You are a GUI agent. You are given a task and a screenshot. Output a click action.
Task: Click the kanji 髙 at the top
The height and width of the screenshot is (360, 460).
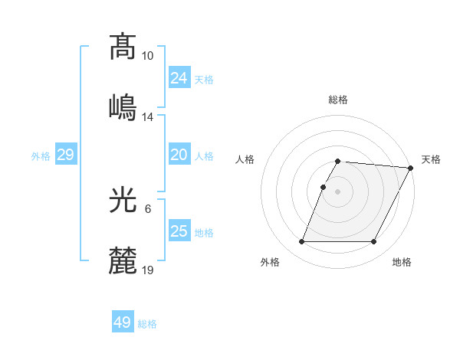[x=123, y=47]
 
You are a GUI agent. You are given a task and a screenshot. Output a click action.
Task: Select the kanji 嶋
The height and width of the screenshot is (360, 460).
[x=123, y=106]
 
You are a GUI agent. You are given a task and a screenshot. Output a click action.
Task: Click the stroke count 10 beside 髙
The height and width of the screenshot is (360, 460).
[x=147, y=56]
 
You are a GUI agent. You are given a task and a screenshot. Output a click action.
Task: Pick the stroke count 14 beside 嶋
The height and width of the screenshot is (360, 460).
[x=147, y=116]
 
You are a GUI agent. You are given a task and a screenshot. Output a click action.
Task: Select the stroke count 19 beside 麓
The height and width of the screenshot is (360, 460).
[x=147, y=270]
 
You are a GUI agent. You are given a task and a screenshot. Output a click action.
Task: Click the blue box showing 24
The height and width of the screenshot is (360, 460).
[x=179, y=77]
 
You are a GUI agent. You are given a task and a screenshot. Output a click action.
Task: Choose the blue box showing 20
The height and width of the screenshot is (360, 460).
[x=179, y=155]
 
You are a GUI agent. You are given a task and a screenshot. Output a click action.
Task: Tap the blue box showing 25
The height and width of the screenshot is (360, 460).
[x=179, y=231]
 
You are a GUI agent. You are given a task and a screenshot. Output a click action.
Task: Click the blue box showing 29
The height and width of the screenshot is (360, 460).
[x=65, y=155]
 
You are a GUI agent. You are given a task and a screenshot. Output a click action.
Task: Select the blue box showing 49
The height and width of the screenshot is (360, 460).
[x=123, y=322]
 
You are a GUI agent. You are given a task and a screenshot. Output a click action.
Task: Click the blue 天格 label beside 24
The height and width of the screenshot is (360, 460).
[x=203, y=79]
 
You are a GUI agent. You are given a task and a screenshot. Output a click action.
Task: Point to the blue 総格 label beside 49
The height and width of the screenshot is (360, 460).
[x=147, y=324]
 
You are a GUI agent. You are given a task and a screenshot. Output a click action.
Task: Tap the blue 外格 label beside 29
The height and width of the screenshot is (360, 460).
[x=41, y=156]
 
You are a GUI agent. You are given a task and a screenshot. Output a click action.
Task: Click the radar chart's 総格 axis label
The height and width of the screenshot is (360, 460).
[x=337, y=100]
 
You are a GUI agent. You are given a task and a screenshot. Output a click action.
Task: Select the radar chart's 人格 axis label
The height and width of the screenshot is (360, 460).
[x=245, y=159]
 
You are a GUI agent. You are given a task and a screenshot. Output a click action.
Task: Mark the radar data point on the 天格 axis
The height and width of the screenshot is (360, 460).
[x=410, y=168]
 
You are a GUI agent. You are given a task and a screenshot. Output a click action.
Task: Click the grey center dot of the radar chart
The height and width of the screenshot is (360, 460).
[x=337, y=191]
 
